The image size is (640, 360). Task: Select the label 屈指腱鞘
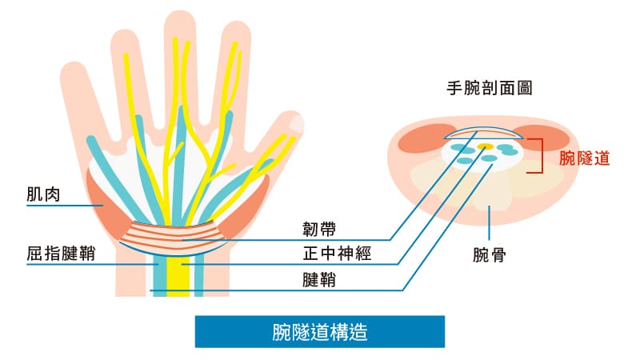61,254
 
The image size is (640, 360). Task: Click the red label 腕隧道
585,158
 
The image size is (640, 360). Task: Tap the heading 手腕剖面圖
489,89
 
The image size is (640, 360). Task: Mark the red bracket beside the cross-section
545,154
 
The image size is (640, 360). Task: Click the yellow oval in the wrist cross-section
485,147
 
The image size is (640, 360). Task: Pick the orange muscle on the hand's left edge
109,204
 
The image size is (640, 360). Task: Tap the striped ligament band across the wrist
172,233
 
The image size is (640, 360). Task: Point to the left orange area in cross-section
420,141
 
